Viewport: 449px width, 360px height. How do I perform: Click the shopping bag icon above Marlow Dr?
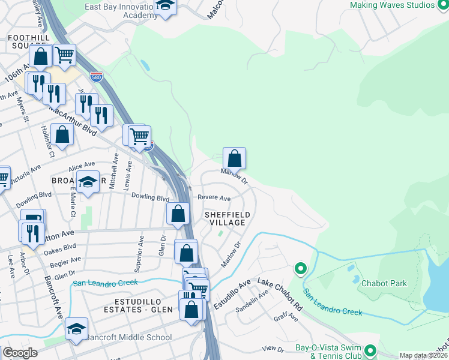coord(235,158)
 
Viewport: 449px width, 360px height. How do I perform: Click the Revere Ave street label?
coord(214,198)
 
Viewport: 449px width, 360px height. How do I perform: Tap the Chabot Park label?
coord(384,284)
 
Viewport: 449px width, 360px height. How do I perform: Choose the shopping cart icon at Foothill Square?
coord(65,55)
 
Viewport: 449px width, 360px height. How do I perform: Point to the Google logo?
coord(20,353)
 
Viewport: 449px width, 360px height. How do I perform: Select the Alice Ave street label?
coord(82,165)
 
